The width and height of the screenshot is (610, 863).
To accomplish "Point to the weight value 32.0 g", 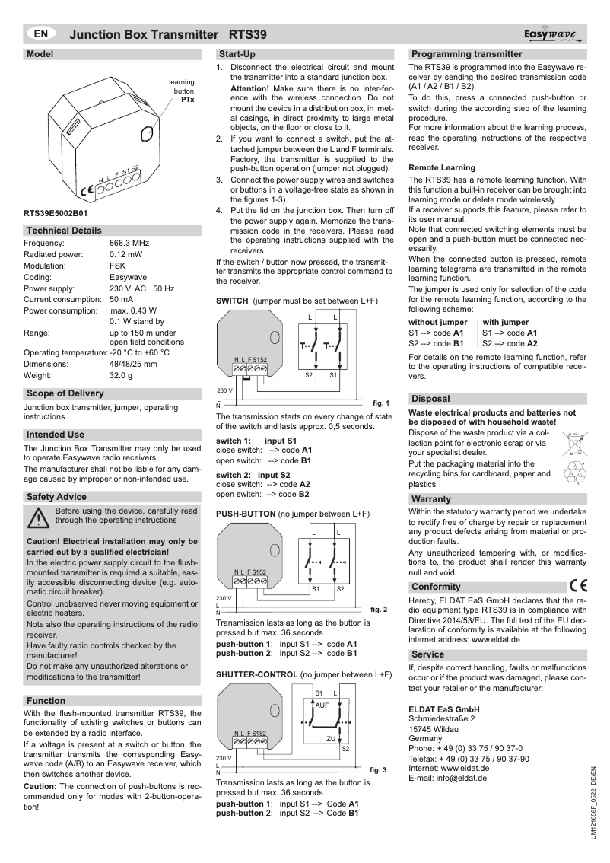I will [x=121, y=376].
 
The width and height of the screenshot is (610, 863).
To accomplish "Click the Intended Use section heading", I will [x=56, y=435].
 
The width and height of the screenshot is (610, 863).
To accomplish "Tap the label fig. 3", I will [x=378, y=770].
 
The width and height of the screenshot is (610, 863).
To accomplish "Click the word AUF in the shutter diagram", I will [x=322, y=705].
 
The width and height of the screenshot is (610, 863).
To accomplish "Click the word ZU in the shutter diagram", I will [x=331, y=739].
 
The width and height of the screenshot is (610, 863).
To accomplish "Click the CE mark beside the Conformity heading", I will [x=577, y=586].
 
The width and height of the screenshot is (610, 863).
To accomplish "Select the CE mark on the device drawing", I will [x=87, y=189].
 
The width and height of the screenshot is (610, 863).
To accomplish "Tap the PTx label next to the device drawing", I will [x=187, y=100].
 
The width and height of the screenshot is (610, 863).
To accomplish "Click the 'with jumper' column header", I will [x=506, y=323].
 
